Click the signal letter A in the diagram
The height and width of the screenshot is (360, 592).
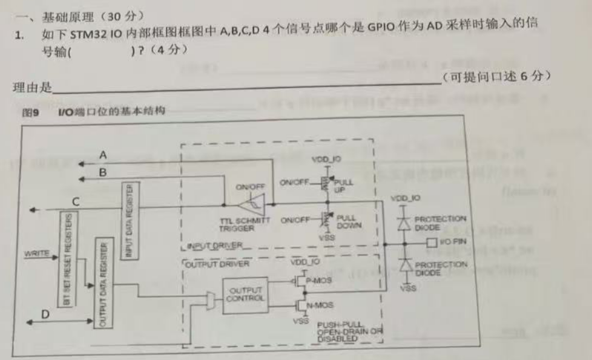[103, 155]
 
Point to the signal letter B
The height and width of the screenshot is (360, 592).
[103, 173]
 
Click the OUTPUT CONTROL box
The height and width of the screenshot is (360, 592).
[245, 295]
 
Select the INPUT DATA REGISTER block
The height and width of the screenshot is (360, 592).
[130, 221]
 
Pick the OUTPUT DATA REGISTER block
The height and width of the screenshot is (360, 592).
[102, 284]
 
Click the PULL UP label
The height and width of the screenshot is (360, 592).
[343, 185]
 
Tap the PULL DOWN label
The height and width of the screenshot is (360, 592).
[347, 221]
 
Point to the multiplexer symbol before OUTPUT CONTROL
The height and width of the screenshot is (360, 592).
[209, 298]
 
